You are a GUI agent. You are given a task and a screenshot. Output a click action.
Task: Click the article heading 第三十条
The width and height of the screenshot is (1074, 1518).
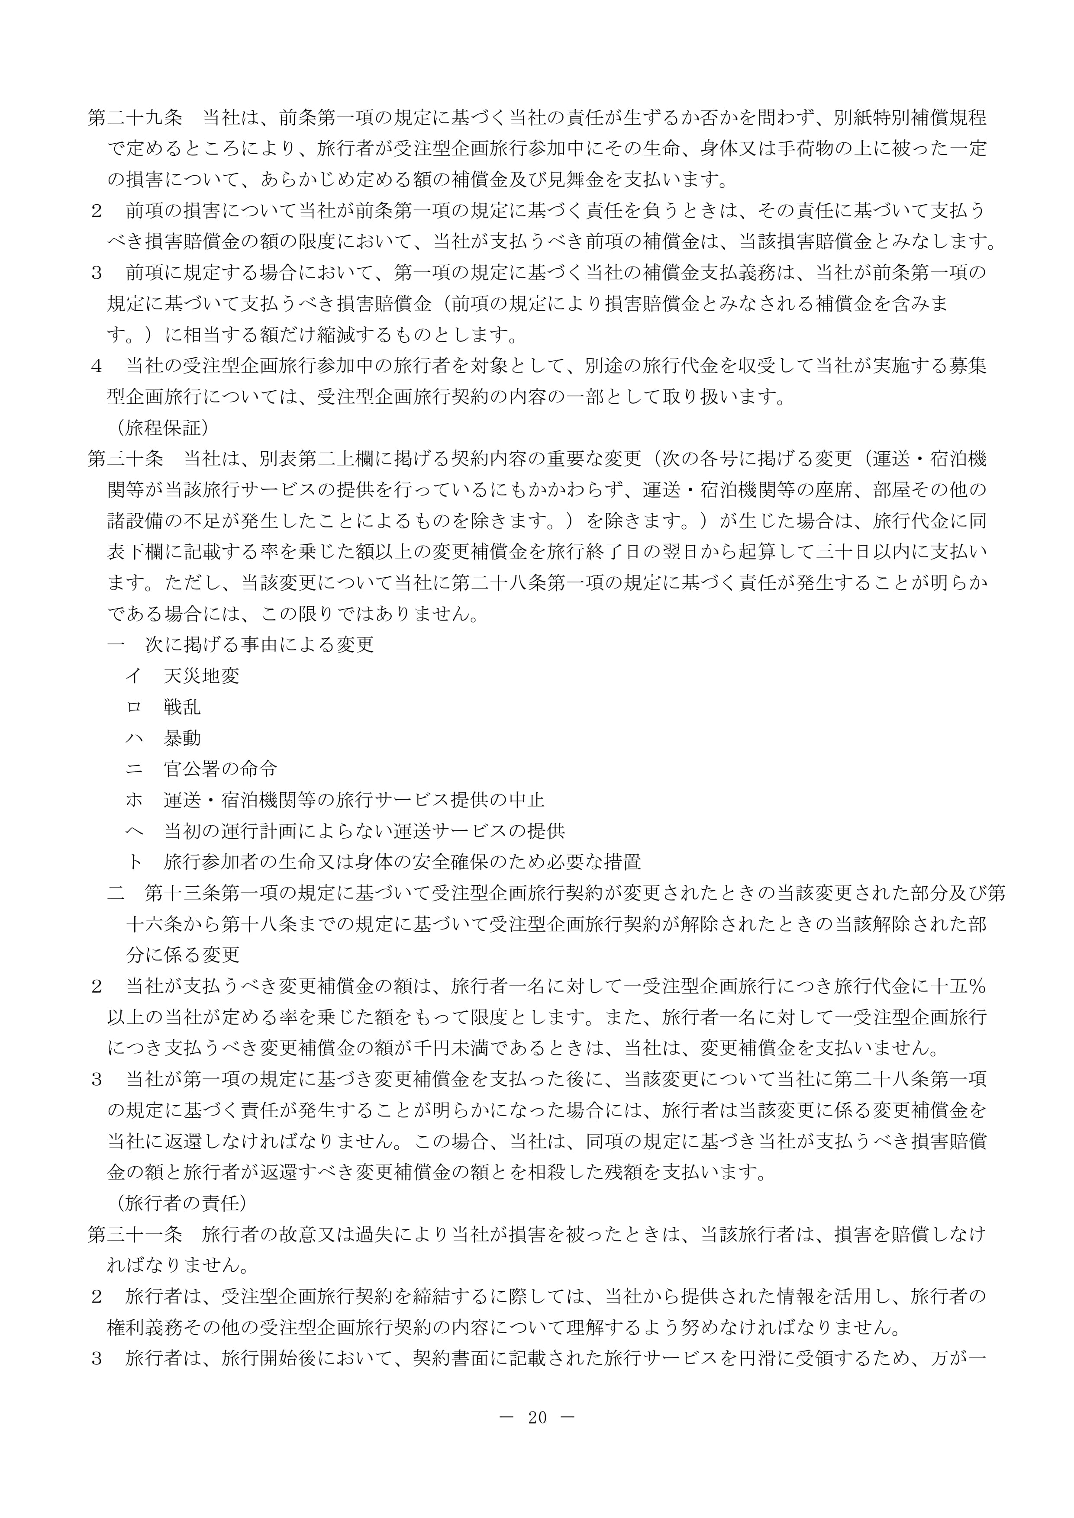[126, 459]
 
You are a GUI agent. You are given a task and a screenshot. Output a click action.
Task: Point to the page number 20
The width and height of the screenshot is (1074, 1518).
[537, 1418]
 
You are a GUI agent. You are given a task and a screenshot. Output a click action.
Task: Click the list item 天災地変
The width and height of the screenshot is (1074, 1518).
[202, 675]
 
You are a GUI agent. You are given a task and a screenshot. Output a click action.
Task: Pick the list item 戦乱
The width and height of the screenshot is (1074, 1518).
[183, 707]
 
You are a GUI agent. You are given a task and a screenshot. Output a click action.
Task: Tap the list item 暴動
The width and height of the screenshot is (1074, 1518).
[183, 738]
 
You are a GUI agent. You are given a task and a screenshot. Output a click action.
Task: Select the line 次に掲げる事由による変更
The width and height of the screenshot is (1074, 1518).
[259, 645]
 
